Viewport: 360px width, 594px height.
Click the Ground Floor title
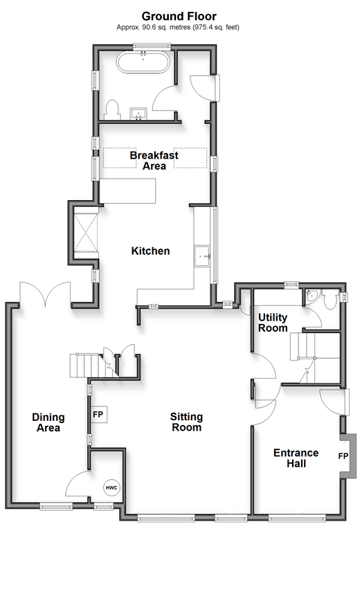click(x=179, y=17)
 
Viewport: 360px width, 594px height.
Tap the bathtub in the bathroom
click(x=143, y=62)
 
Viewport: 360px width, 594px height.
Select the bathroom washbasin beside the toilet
click(x=139, y=114)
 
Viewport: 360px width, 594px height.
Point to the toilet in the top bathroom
click(x=111, y=110)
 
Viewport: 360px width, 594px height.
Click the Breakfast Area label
click(x=154, y=160)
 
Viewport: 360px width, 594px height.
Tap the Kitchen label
click(x=150, y=251)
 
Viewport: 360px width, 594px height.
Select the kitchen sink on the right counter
click(x=202, y=256)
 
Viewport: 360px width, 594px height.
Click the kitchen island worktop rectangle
click(x=128, y=190)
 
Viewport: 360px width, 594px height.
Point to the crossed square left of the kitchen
click(x=86, y=233)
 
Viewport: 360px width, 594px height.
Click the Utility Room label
click(x=273, y=323)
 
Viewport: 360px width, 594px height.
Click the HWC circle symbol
click(x=112, y=487)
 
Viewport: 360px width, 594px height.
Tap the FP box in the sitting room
click(x=98, y=415)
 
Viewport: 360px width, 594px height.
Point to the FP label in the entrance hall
click(x=343, y=456)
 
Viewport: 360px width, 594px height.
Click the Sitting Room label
click(x=186, y=422)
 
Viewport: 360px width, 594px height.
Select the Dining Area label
click(x=48, y=422)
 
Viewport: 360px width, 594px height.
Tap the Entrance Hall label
click(x=296, y=458)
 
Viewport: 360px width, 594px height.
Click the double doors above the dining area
click(x=45, y=294)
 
